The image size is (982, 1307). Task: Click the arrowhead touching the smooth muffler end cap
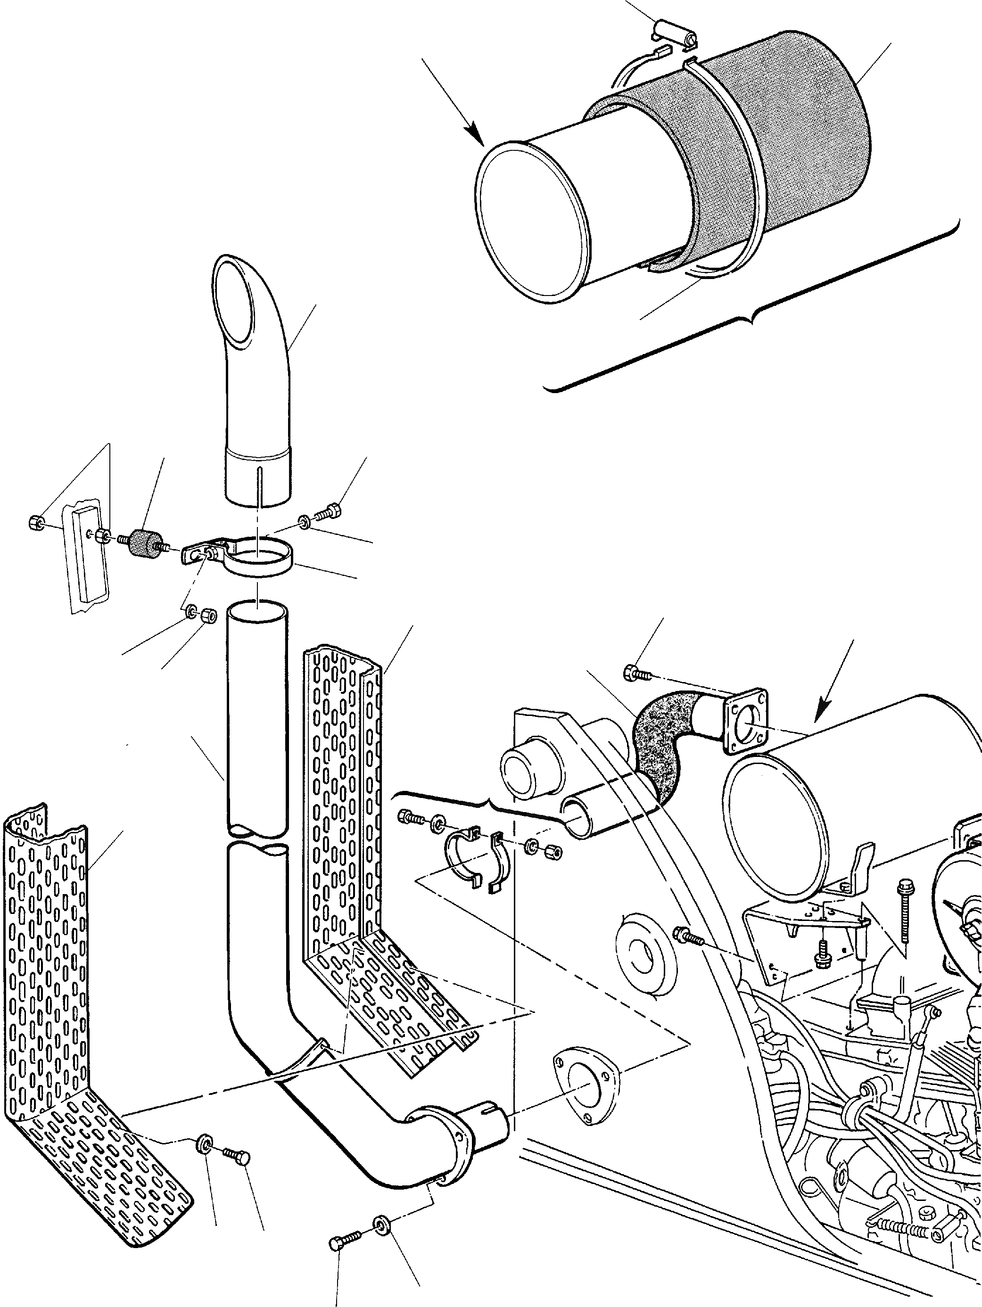(x=476, y=137)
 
